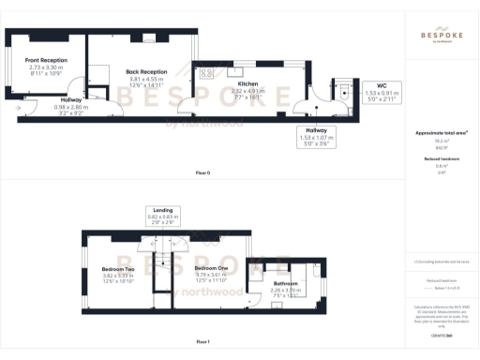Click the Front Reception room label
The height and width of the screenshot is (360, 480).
(x=46, y=61)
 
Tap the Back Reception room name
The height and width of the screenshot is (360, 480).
(x=146, y=71)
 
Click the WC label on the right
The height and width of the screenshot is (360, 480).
(x=382, y=84)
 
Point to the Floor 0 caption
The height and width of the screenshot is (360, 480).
(x=202, y=173)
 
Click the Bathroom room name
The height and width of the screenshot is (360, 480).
(x=286, y=283)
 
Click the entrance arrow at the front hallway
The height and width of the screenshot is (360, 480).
(x=19, y=106)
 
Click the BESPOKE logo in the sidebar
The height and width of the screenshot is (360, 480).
(x=440, y=36)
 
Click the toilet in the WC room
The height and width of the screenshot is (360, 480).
(x=344, y=92)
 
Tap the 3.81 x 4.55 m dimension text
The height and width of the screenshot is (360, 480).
(x=146, y=79)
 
